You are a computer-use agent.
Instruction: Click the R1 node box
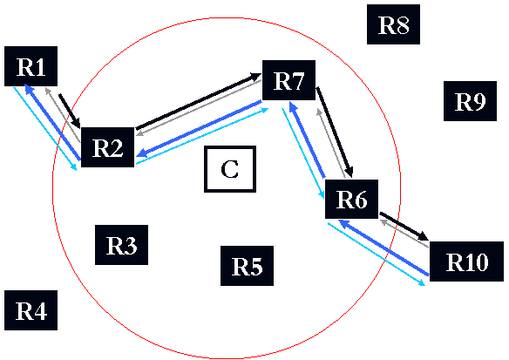[x=31, y=66]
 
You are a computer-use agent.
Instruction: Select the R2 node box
[x=107, y=147]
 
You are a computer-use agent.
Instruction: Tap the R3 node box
[x=121, y=245]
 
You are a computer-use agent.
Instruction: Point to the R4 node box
[x=31, y=310]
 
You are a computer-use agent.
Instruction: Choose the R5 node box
[x=247, y=266]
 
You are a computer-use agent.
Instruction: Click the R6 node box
[x=351, y=199]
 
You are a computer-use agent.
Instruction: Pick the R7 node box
[x=288, y=80]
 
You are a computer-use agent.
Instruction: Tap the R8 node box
[x=393, y=24]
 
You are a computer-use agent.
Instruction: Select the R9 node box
[x=470, y=101]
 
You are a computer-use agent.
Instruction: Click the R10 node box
[x=467, y=262]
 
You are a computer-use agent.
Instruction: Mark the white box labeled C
[x=230, y=169]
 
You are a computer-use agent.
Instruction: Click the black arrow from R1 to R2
[x=70, y=112]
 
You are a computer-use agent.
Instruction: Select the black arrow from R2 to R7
[x=199, y=102]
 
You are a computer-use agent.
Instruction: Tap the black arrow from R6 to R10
[x=404, y=227]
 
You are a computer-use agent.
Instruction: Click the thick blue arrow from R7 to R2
[x=199, y=129]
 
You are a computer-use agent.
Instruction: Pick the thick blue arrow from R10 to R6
[x=383, y=248]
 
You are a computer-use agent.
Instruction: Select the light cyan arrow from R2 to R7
[x=202, y=136]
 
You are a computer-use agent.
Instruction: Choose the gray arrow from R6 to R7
[x=330, y=144]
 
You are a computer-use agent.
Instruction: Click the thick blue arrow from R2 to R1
[x=52, y=122]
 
